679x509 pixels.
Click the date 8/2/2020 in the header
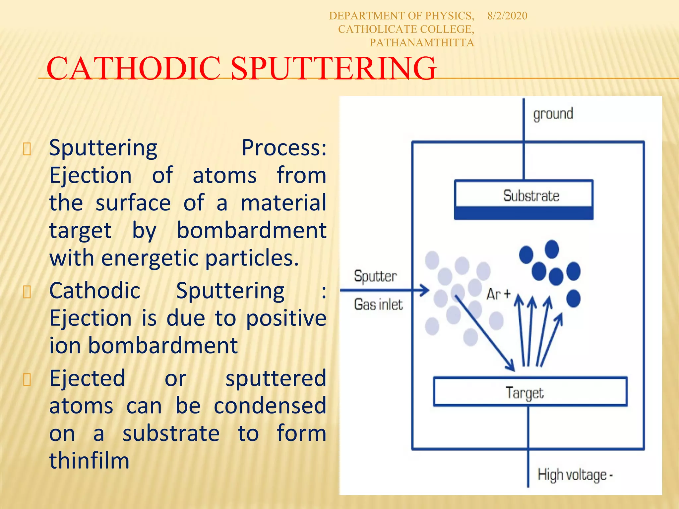(507, 16)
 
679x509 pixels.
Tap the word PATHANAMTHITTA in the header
(421, 43)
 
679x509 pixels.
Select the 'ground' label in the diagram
(553, 114)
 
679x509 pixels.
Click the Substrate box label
(531, 196)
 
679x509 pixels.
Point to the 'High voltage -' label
(575, 475)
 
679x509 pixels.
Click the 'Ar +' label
(498, 294)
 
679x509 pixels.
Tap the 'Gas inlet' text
(378, 305)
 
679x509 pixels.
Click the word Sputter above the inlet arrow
(375, 276)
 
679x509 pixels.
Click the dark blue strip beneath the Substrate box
(524, 213)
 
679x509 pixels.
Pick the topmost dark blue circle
(551, 249)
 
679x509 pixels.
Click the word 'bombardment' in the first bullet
(251, 230)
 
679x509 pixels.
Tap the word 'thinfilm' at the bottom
(89, 461)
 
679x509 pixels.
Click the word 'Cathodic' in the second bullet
(95, 291)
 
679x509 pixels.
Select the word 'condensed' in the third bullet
(270, 406)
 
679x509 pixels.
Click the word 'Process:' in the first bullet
(284, 147)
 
